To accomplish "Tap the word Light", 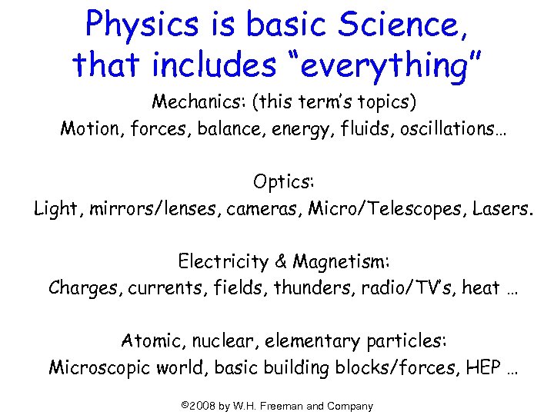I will click(x=54, y=208).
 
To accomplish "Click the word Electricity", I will click(x=223, y=262).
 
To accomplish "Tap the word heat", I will click(x=481, y=288).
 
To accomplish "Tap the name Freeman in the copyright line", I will click(x=301, y=406).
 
